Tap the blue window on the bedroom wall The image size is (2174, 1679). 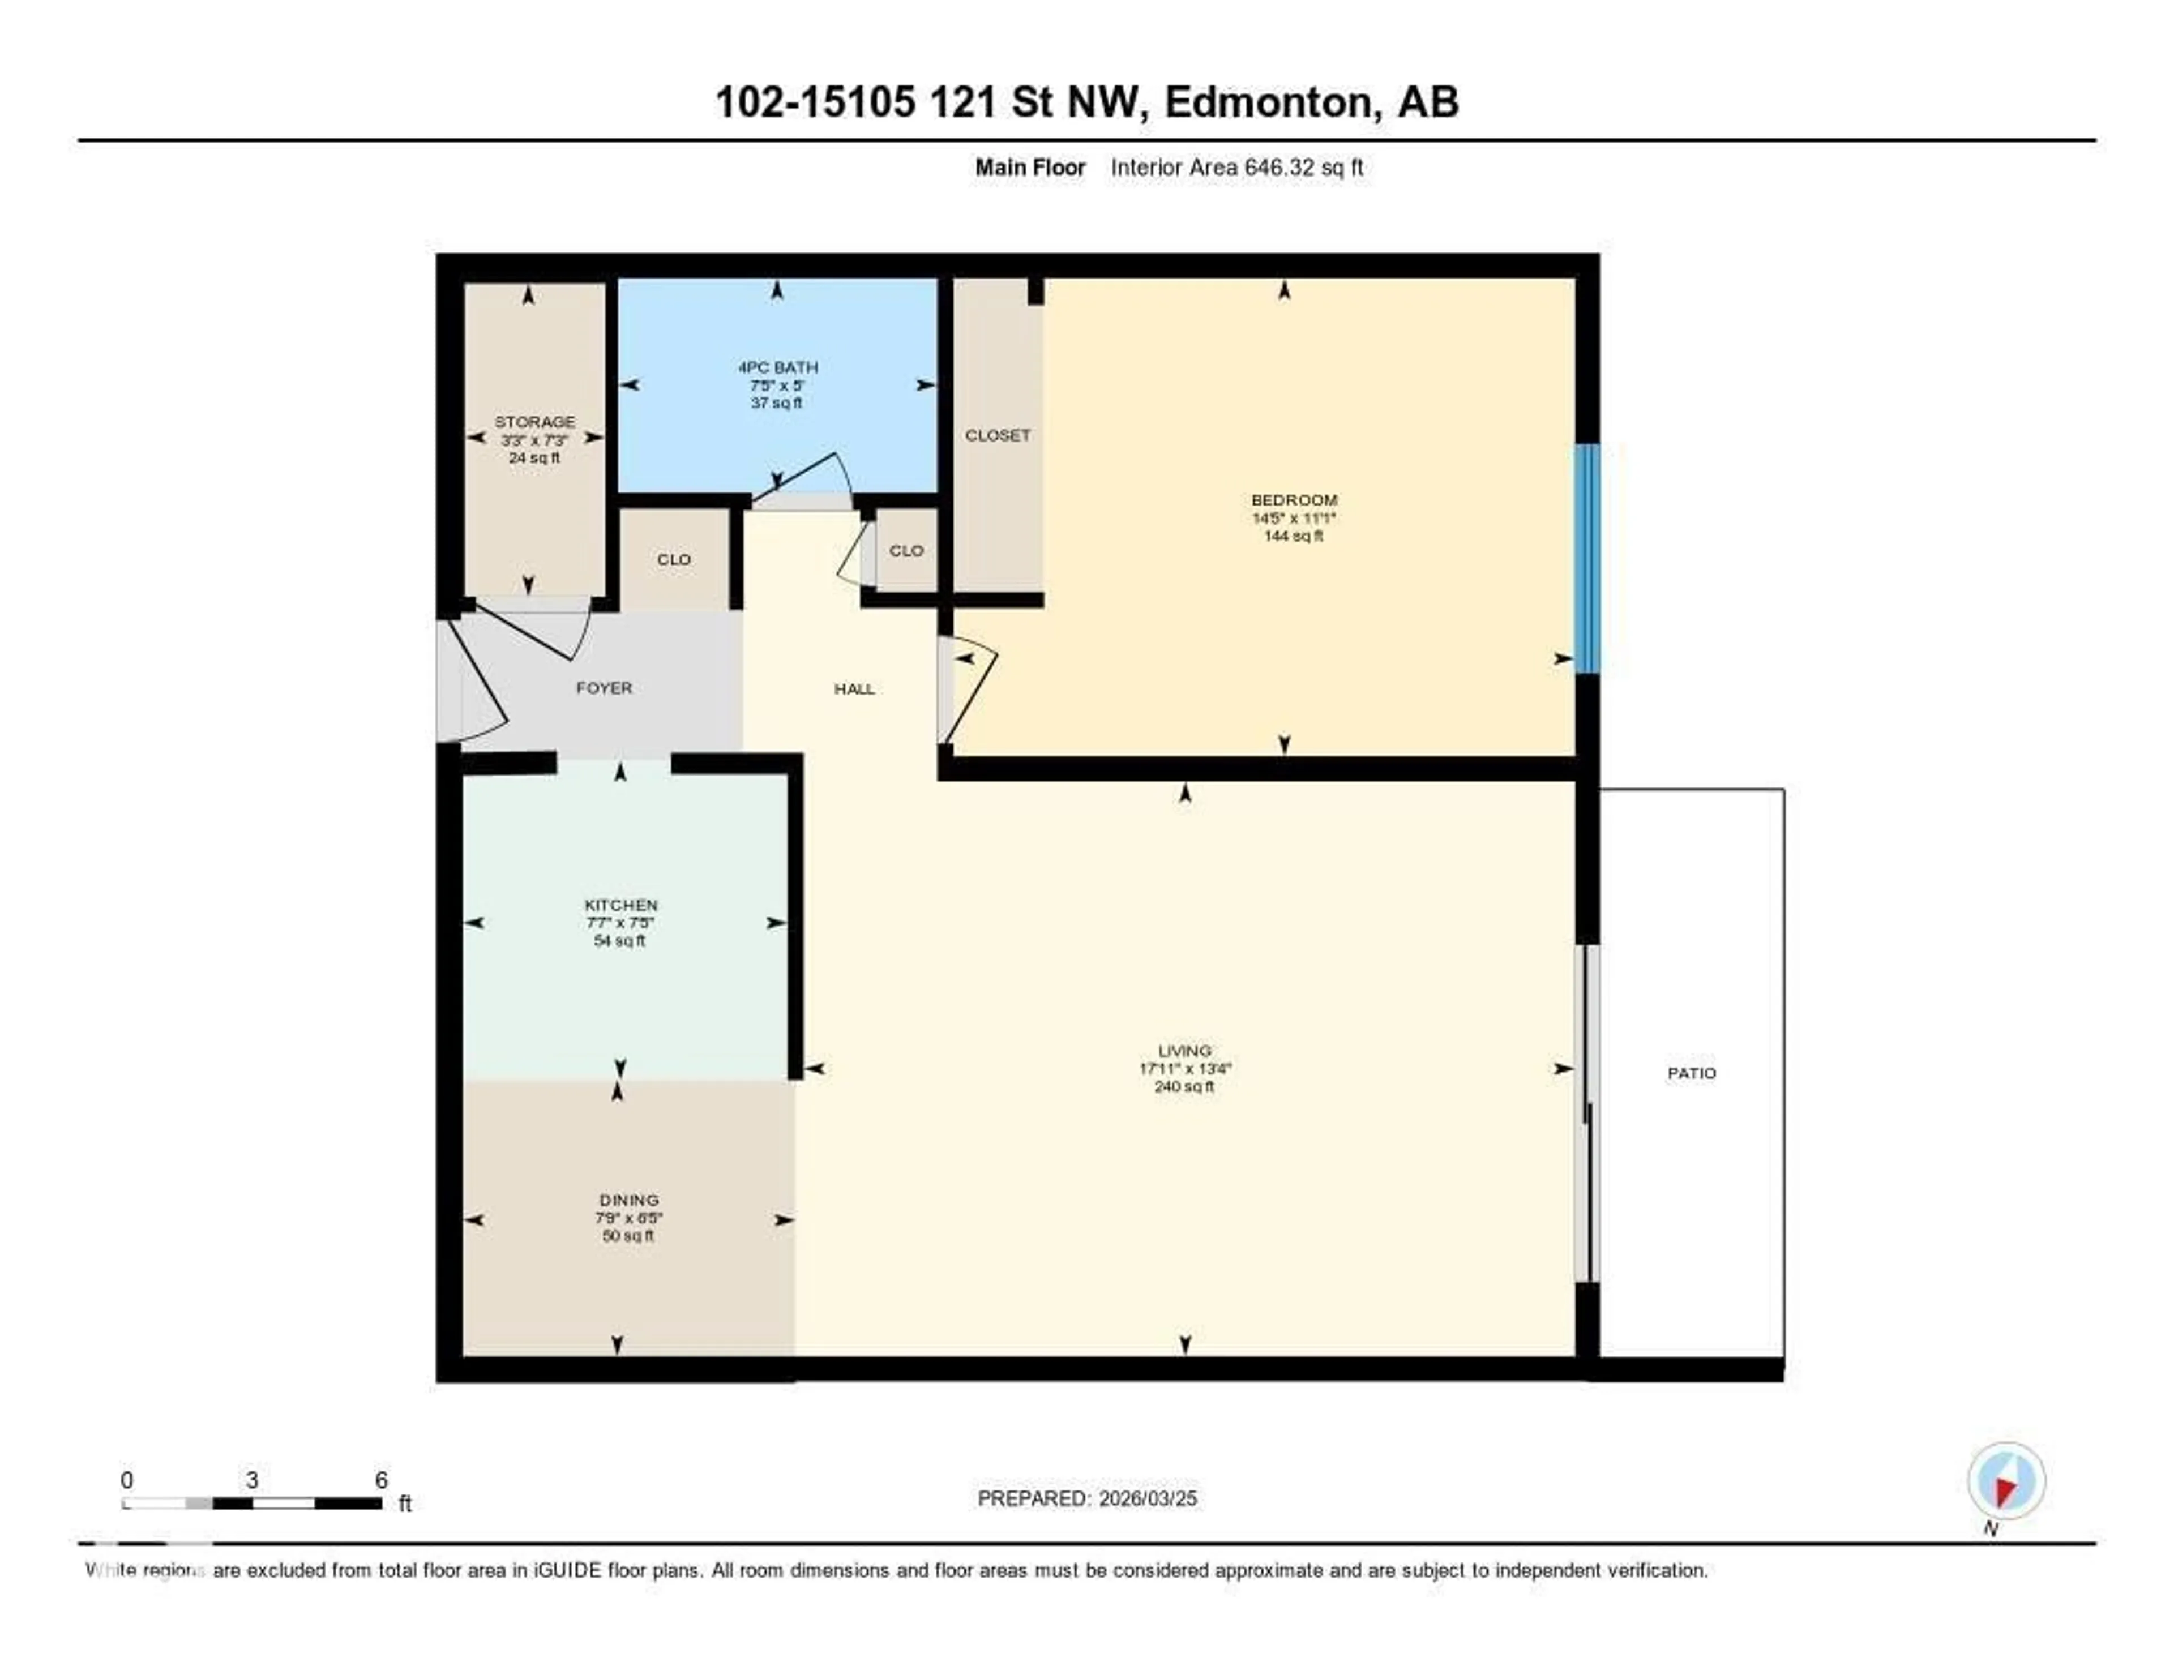point(1587,558)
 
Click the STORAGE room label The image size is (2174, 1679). point(534,422)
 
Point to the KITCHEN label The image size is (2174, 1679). point(620,905)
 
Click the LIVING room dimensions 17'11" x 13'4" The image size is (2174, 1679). point(1184,1069)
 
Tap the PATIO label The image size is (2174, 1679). point(1691,1073)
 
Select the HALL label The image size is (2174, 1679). point(854,689)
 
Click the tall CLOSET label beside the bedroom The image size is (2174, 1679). point(998,435)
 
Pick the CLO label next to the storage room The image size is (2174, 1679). point(674,559)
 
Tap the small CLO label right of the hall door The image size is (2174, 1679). point(906,550)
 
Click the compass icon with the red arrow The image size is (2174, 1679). point(2006,1481)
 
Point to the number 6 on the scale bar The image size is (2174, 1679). point(380,1480)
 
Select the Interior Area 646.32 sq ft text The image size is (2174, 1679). point(1236,167)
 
